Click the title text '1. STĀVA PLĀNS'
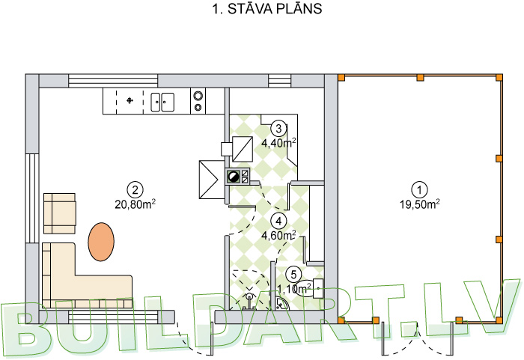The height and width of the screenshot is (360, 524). (267, 9)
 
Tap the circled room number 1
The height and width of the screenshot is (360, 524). (419, 189)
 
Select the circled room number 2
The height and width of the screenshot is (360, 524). (135, 190)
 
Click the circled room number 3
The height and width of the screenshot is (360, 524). (278, 128)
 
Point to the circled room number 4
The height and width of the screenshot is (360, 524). (278, 221)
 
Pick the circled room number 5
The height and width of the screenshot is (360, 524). (293, 275)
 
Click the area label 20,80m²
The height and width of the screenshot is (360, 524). (135, 204)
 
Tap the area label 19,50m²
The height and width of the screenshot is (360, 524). (420, 204)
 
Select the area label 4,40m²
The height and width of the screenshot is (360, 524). (278, 143)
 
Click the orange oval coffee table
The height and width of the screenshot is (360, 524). (101, 242)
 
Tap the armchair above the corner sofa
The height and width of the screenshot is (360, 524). (59, 213)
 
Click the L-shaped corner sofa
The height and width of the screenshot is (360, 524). (87, 275)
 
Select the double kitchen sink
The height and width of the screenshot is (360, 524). (162, 102)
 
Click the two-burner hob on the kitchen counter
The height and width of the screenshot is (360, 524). (198, 101)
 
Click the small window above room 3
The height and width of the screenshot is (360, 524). (280, 81)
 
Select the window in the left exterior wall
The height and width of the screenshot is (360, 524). (32, 198)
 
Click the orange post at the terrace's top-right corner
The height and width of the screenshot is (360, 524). (499, 78)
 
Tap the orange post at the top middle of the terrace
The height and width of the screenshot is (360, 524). (420, 78)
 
